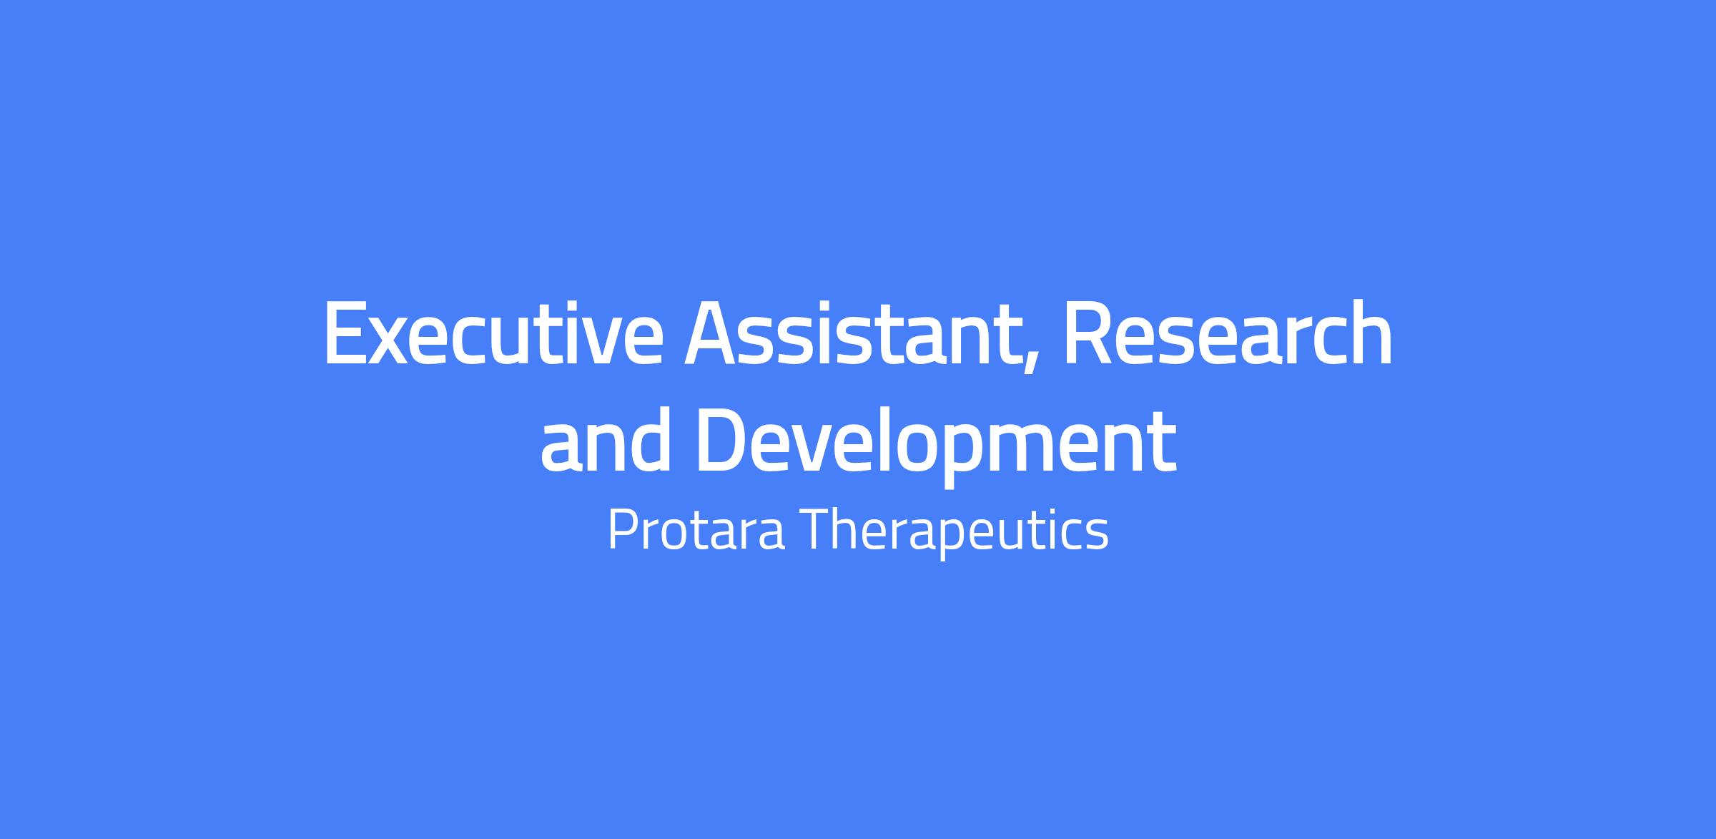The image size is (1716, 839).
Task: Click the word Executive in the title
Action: [x=493, y=332]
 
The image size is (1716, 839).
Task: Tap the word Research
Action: [x=1228, y=332]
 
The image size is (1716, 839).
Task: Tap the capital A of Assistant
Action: [x=716, y=333]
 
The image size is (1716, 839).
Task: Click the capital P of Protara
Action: [x=622, y=530]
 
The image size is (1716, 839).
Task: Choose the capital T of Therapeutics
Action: [x=821, y=530]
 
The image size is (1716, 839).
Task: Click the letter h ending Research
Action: [x=1371, y=332]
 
